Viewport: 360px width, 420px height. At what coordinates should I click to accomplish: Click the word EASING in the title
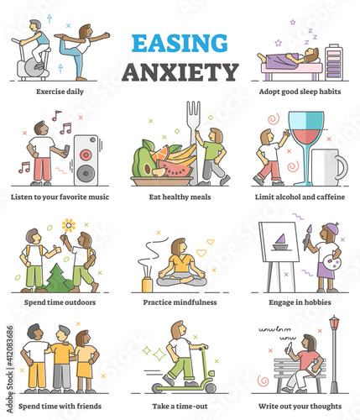[x=180, y=43]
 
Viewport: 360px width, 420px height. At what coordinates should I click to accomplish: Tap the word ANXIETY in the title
[x=180, y=72]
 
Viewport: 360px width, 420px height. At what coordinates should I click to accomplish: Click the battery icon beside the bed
[x=334, y=62]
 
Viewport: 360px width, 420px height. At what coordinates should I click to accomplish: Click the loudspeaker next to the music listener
[x=86, y=160]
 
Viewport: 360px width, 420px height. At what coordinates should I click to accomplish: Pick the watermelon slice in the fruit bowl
[x=175, y=168]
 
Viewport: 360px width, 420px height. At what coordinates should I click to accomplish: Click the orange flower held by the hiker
[x=68, y=225]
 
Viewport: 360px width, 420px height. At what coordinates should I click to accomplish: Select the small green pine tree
[x=57, y=279]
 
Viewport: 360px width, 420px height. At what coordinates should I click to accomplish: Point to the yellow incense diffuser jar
[x=147, y=285]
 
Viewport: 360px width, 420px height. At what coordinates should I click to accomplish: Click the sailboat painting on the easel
[x=280, y=242]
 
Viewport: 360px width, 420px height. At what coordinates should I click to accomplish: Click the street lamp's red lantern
[x=334, y=323]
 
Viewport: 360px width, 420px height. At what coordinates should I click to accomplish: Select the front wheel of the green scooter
[x=210, y=388]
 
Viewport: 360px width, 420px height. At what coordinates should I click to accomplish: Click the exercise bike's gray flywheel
[x=35, y=67]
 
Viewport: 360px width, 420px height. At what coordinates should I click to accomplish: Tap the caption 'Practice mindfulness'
[x=180, y=302]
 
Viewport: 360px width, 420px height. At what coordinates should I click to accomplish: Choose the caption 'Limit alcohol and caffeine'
[x=300, y=197]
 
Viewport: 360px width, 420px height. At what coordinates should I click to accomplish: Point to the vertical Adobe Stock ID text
[x=10, y=369]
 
